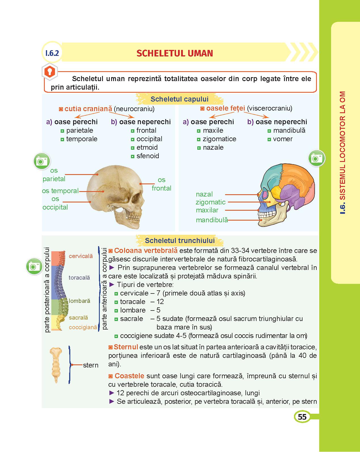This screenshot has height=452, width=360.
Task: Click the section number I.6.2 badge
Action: pos(52,53)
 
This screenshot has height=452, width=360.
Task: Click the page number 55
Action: pos(302,417)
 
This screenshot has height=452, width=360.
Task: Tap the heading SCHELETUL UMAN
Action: pos(175,53)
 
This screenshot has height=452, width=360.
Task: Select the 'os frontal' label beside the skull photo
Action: pos(161,184)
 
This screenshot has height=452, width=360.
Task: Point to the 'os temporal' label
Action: pos(60,191)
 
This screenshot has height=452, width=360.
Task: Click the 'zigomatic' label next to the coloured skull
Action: pos(210,202)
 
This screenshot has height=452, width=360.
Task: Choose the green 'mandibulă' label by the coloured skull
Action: pos(212,220)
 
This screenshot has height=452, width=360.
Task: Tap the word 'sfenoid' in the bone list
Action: pos(148,156)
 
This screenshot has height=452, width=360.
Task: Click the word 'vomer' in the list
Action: pos(283,139)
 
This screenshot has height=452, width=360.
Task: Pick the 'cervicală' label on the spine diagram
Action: pos(81,256)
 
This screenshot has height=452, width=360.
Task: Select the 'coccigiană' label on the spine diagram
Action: pos(83,327)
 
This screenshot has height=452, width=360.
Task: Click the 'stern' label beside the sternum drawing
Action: pos(91,365)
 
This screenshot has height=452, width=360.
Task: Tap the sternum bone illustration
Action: pos(56,364)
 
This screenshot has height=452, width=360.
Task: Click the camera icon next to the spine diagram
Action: pos(34,267)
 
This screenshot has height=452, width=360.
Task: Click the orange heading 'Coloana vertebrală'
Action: pos(146,251)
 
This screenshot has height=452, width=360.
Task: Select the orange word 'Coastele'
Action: pos(129,376)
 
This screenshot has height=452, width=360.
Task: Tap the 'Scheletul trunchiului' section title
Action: pos(179,241)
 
